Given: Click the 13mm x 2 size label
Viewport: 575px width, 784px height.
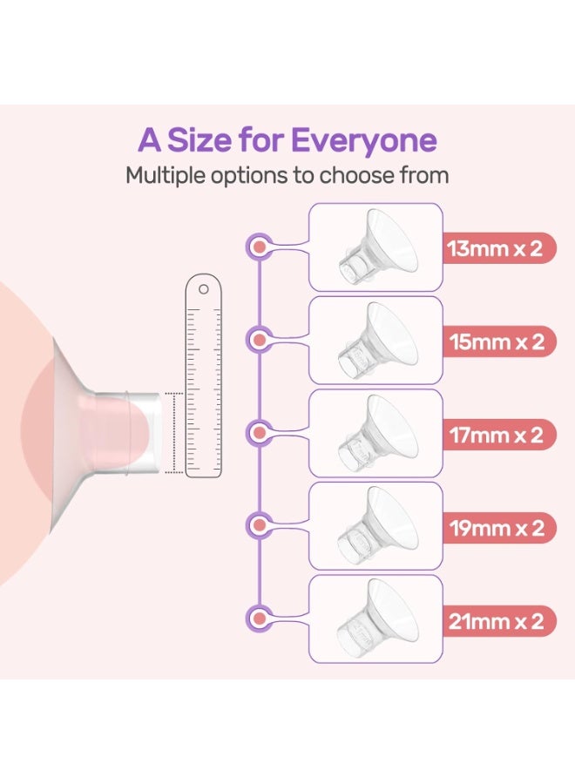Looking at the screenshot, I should coord(495,248).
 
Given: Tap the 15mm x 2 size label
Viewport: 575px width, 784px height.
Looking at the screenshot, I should coord(495,341).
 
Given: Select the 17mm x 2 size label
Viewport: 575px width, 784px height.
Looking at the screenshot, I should coord(495,434).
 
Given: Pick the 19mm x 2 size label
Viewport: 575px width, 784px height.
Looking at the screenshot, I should coord(495,527).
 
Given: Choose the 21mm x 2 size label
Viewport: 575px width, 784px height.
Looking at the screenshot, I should coord(495,620).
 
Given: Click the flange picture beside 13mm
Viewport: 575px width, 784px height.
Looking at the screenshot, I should coord(375,247).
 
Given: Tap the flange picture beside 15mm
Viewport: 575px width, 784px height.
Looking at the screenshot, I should coord(375,341).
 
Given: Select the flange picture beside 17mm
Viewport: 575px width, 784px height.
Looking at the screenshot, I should coord(375,433).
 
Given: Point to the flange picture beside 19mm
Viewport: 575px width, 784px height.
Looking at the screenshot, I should coord(375,526).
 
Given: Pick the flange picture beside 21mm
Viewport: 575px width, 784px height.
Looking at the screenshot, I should coord(375,618).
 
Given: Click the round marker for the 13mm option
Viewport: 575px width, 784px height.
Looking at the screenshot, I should coord(258,248).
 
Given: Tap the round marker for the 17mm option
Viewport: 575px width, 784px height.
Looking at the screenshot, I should coord(258,433).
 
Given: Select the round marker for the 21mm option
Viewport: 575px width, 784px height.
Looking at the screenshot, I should coord(258,619).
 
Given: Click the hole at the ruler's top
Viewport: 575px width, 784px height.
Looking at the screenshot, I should coord(203,288).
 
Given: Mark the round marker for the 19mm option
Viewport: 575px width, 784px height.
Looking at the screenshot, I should coord(258,525).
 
